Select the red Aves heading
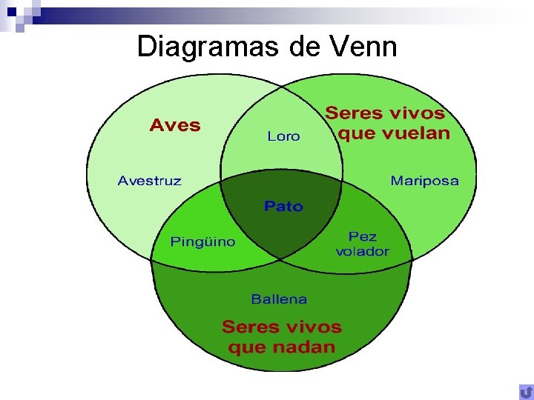point(175,124)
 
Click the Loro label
point(283,136)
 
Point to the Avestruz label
point(149,181)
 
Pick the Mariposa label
point(424,181)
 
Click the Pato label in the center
point(283,206)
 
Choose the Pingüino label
point(203,241)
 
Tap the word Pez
point(363,236)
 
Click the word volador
point(362,251)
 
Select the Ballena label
point(279,299)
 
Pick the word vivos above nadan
point(313,327)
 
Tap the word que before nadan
point(246,347)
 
